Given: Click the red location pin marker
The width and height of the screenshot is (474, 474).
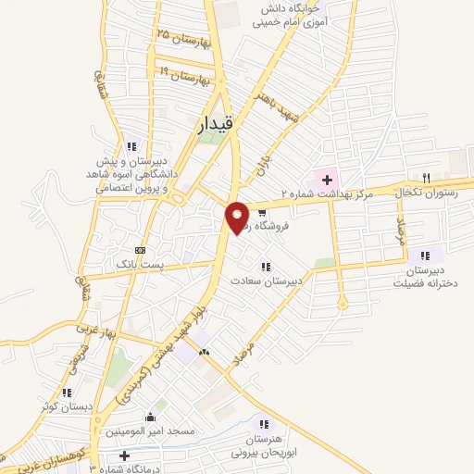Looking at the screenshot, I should click(238, 217).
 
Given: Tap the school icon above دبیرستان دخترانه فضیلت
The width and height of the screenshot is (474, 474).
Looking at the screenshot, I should click(424, 256).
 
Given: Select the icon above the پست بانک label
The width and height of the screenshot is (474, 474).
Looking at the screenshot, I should click(140, 250).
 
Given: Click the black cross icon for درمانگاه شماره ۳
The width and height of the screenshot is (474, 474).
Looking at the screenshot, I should click(124, 455).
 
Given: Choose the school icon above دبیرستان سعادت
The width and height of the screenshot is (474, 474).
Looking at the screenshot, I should click(266, 267).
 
